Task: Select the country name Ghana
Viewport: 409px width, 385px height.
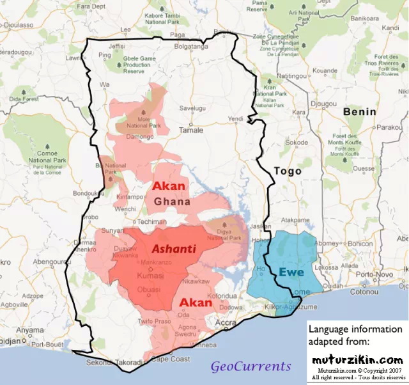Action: click(171, 201)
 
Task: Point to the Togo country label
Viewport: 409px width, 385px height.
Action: click(288, 171)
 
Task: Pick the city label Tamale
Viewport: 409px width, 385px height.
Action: click(191, 130)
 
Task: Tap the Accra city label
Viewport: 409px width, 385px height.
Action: click(226, 323)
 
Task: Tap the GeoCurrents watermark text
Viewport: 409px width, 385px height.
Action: click(251, 366)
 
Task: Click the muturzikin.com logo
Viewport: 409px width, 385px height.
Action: click(358, 359)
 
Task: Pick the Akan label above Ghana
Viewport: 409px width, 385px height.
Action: click(169, 186)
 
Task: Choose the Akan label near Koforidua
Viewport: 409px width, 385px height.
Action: click(196, 302)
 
